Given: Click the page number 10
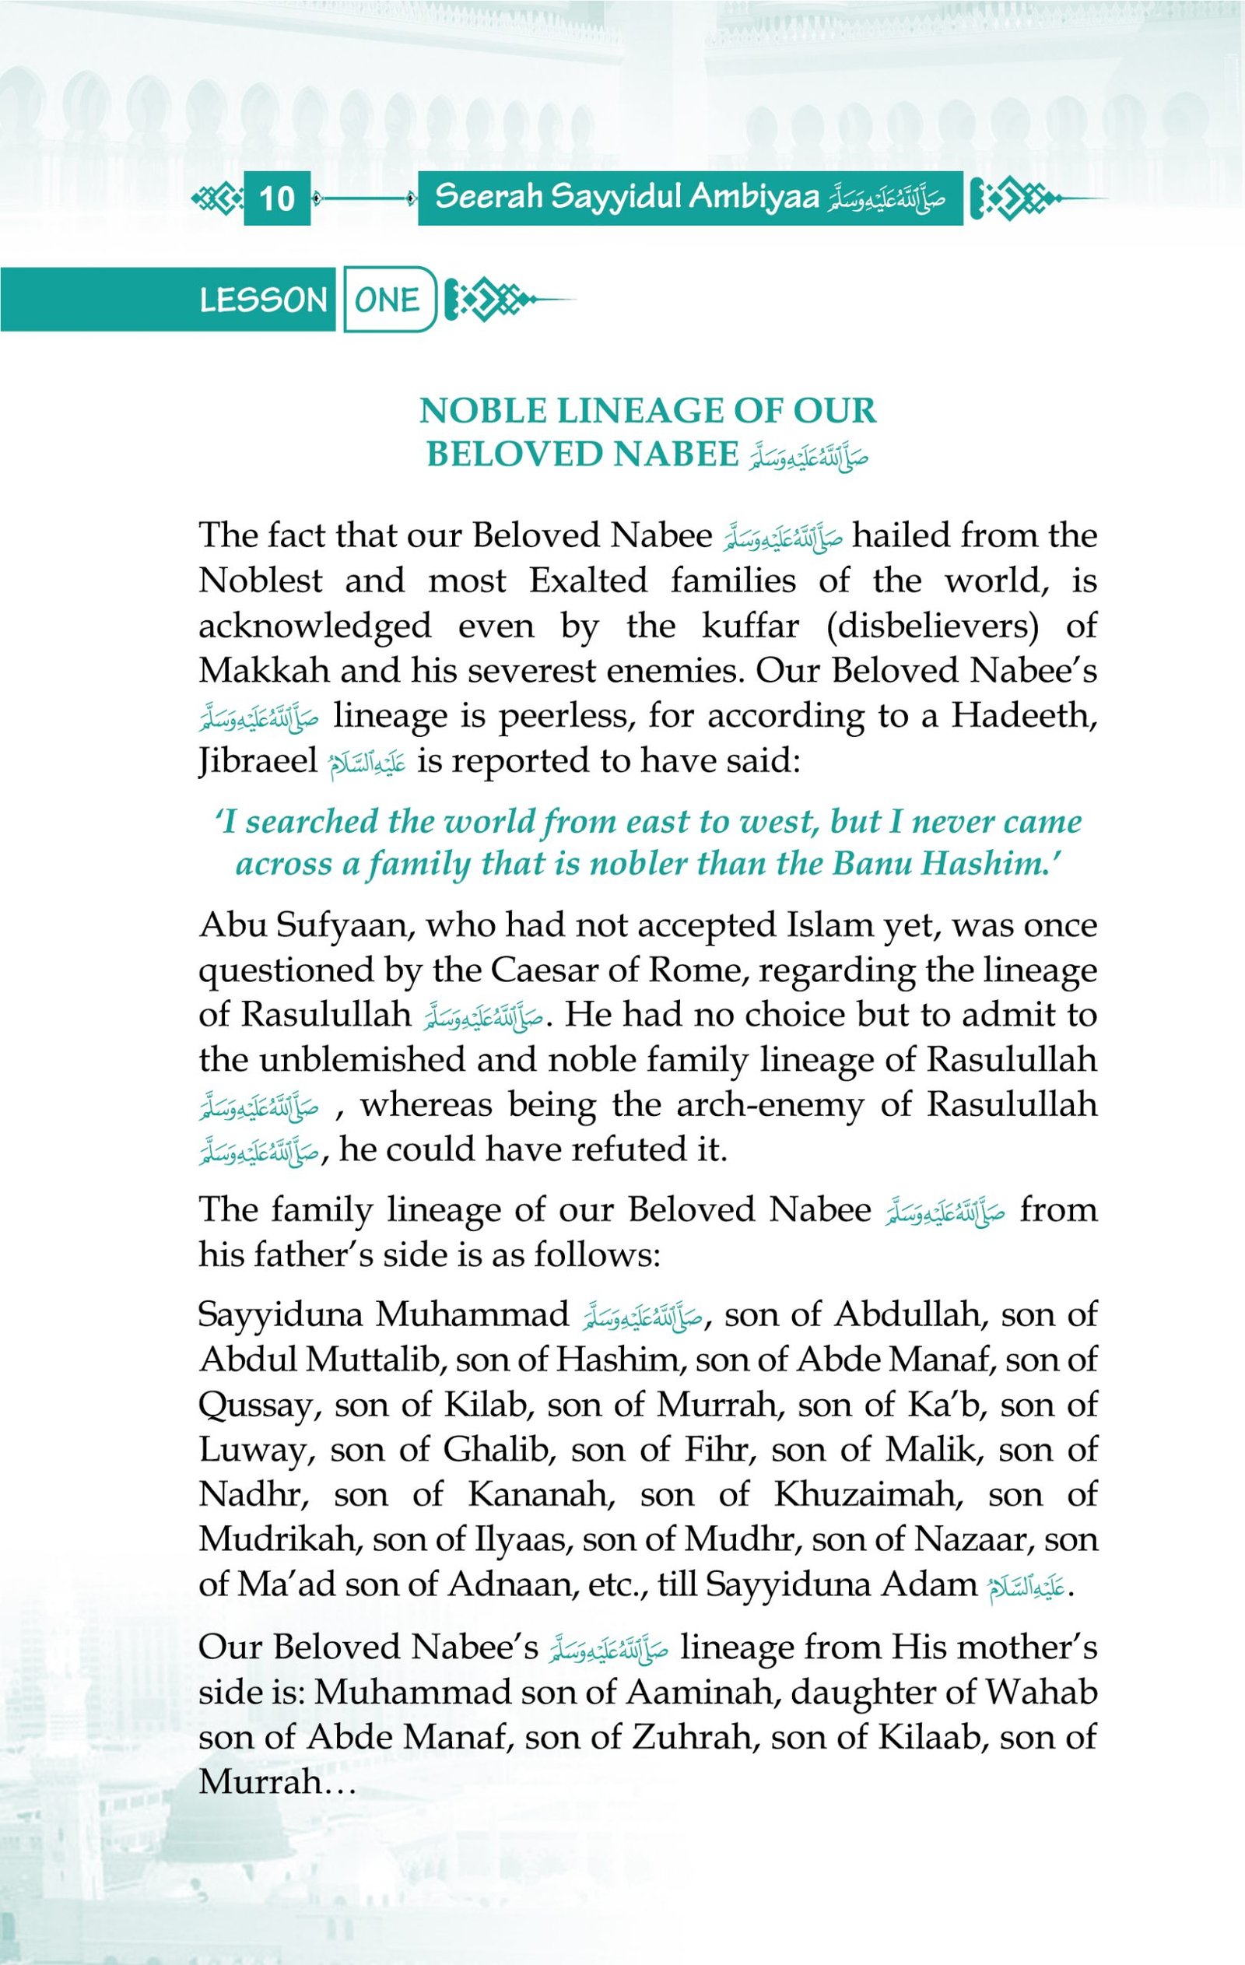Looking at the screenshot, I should coord(276,198).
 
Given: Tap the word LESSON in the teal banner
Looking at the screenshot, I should coord(263,300).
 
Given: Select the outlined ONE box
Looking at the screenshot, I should coord(388,300).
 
